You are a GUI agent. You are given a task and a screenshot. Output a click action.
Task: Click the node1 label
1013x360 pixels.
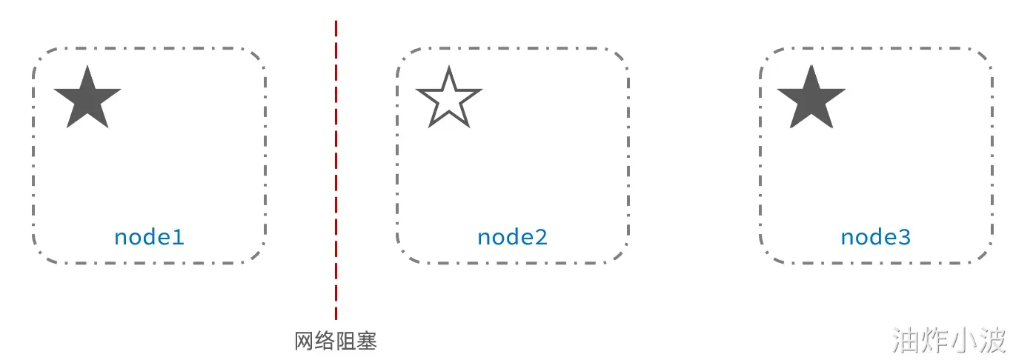point(148,237)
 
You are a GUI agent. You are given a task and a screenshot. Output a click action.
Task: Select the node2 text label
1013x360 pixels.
point(512,237)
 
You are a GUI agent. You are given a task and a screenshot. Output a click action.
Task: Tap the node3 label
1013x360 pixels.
point(875,237)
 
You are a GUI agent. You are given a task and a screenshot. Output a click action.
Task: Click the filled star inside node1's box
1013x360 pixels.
point(87,98)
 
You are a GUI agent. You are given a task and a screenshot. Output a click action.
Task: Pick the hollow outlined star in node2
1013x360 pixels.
point(449,99)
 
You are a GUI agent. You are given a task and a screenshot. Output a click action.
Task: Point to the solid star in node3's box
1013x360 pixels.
point(811,98)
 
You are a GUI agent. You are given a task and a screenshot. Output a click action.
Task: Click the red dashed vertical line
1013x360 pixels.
point(336,170)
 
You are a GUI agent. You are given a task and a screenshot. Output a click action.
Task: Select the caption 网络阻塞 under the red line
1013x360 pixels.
point(336,341)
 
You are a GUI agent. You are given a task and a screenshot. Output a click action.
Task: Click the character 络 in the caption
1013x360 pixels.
point(325,341)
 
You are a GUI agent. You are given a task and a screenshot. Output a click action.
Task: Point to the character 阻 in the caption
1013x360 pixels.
point(346,341)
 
